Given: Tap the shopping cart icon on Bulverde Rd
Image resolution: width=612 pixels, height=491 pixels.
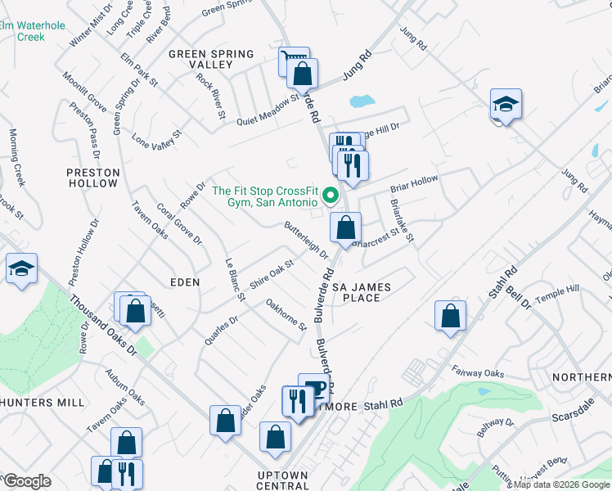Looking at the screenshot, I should click(x=292, y=60).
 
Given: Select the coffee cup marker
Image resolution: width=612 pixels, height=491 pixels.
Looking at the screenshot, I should click(x=314, y=387).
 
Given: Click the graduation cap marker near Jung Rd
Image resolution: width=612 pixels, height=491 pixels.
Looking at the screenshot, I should click(x=506, y=104).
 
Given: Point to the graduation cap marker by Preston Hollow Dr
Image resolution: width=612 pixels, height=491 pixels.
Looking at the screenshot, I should click(x=20, y=268).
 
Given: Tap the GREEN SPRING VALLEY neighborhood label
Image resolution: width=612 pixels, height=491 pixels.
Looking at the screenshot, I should click(x=210, y=59).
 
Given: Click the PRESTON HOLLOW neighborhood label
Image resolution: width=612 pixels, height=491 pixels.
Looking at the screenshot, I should click(x=93, y=178).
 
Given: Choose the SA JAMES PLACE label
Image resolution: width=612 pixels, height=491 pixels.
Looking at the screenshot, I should click(x=361, y=292).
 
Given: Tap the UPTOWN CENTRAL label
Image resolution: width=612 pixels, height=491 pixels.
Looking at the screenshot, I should click(x=271, y=481).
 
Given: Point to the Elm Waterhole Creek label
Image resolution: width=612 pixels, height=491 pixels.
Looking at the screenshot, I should click(x=33, y=31).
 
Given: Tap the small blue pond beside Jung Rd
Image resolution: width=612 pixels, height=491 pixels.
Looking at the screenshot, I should click(x=362, y=102).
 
